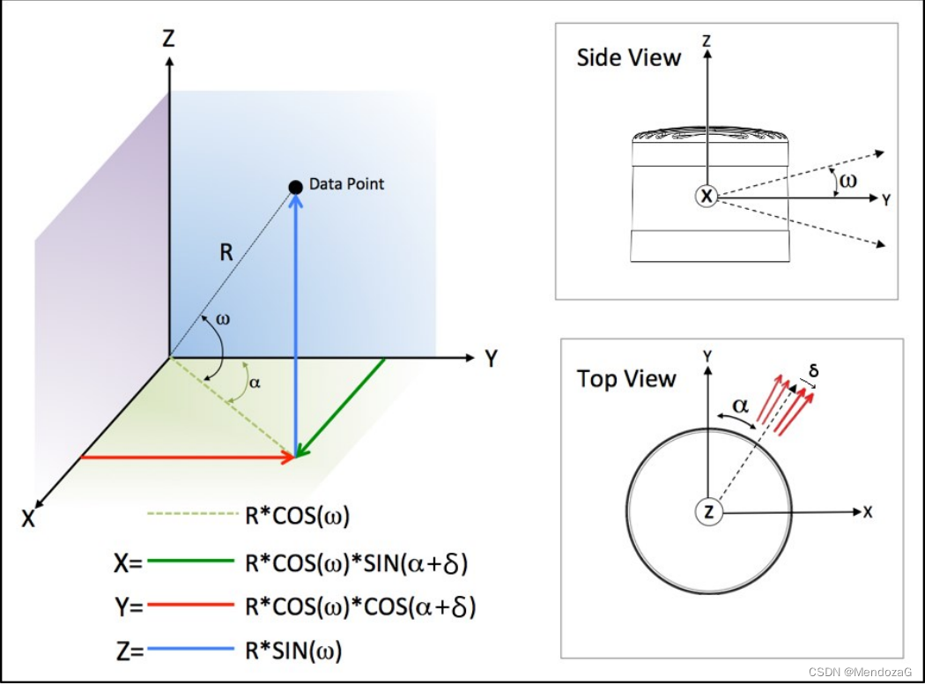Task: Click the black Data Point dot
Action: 295,186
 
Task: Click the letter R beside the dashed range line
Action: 226,254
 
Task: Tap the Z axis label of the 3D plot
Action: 169,38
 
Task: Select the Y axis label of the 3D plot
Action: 492,359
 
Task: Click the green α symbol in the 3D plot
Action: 255,383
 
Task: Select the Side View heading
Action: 628,58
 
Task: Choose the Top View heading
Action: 625,379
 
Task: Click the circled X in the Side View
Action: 707,197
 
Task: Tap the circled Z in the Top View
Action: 708,511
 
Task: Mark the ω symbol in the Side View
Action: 847,181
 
